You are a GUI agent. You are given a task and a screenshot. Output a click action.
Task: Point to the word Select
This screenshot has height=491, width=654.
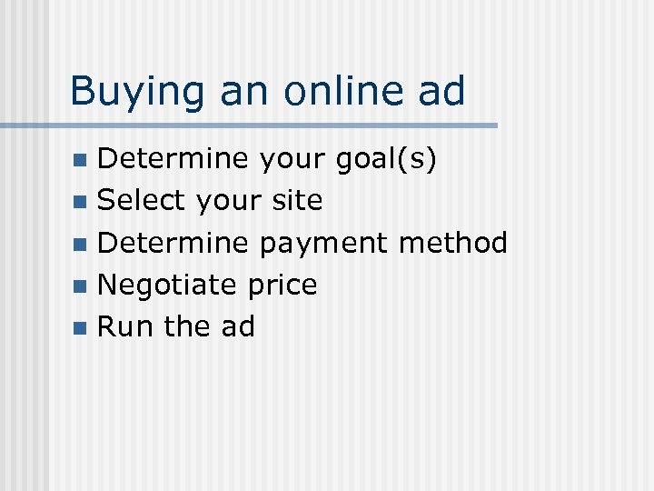[141, 200]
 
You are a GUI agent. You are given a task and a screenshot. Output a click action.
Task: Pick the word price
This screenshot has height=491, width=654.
[282, 286]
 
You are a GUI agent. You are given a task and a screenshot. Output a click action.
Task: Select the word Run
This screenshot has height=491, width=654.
[124, 326]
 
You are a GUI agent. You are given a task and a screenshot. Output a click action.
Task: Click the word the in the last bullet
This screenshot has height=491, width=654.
[187, 326]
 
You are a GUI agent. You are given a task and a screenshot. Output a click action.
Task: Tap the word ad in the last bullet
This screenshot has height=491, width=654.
[237, 326]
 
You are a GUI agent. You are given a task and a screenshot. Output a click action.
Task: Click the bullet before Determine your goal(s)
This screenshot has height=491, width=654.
[82, 160]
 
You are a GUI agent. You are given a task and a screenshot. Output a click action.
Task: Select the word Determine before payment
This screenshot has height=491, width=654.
[172, 242]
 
